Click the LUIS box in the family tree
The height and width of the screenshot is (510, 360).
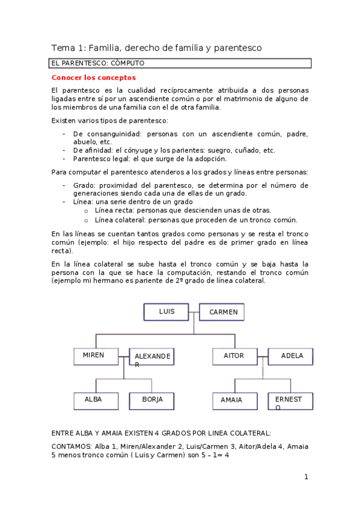166,312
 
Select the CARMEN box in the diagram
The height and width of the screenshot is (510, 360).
222,312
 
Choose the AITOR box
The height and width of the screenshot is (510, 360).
234,356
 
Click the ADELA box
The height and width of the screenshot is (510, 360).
291,356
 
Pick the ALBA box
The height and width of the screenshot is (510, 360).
96,401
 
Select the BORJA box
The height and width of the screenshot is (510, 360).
151,401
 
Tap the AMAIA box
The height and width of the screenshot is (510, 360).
234,401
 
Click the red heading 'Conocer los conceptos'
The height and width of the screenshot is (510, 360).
94,78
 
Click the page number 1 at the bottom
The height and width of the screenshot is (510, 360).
306,477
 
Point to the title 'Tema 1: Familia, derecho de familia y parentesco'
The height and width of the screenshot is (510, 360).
156,48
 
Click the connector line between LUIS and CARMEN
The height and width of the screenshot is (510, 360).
194,312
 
